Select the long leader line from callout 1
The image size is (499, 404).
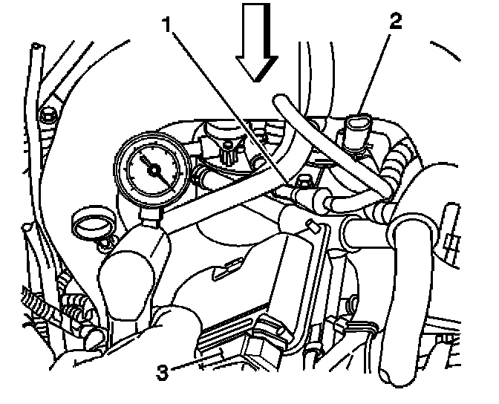pyautogui.click(x=230, y=104)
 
